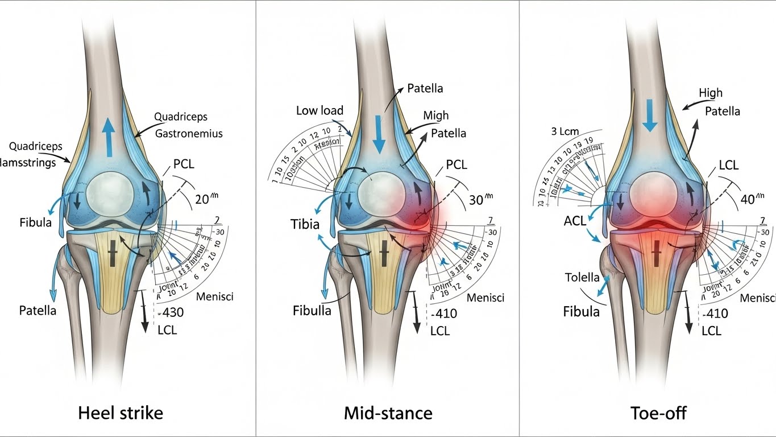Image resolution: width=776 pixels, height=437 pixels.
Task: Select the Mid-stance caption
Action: point(388,413)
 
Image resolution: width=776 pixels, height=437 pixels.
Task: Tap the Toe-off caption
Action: point(658,413)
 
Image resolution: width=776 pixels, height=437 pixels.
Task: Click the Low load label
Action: point(319,110)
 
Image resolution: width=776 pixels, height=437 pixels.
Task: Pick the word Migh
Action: point(435,116)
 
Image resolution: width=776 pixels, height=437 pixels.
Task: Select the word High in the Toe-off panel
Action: point(711,92)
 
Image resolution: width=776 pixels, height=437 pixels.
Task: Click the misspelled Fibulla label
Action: point(312,311)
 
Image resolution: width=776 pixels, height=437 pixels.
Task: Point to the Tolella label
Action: point(582,278)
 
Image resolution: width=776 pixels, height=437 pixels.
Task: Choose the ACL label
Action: point(576,221)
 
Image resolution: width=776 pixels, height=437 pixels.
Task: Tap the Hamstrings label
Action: point(32,163)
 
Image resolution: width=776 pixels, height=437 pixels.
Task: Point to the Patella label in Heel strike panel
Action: point(38,311)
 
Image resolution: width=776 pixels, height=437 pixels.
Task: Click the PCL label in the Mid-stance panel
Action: point(456,166)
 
